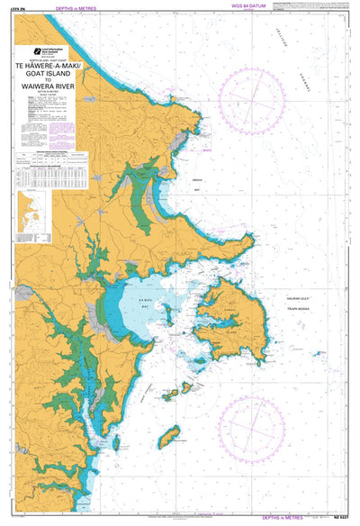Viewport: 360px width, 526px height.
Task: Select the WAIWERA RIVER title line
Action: [55, 88]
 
